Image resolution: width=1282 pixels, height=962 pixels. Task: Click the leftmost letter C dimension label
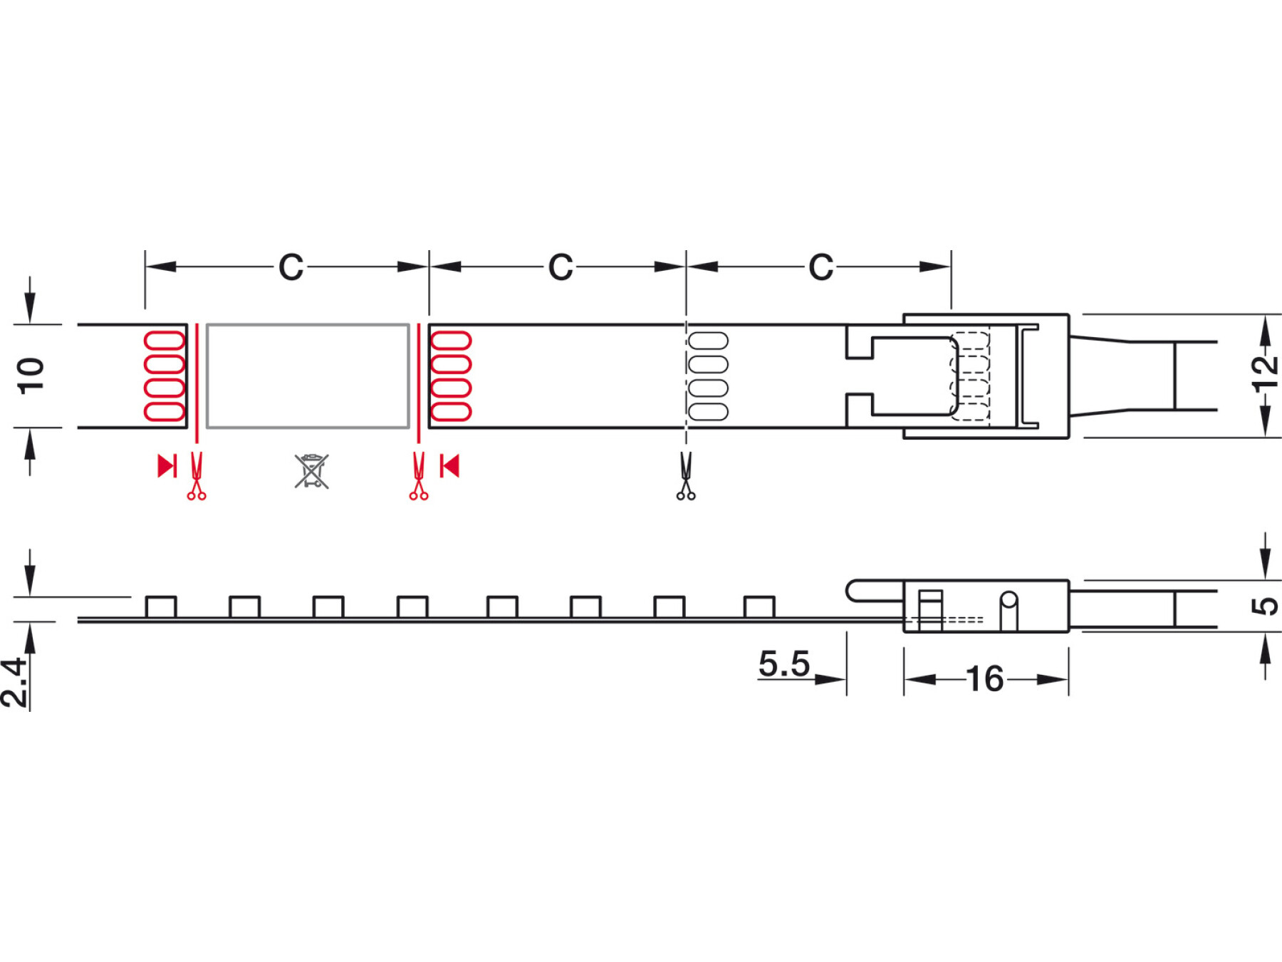tap(291, 267)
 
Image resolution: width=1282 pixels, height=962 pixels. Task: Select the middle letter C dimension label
tap(561, 267)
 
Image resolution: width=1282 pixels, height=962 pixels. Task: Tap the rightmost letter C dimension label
tap(820, 267)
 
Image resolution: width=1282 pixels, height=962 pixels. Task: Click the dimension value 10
tap(31, 376)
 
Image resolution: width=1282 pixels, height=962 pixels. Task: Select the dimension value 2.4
tap(14, 683)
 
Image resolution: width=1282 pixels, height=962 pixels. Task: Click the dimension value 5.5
tap(783, 663)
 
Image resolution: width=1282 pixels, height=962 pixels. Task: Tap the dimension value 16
tap(985, 679)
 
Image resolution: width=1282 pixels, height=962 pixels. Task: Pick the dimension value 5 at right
tap(1265, 606)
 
